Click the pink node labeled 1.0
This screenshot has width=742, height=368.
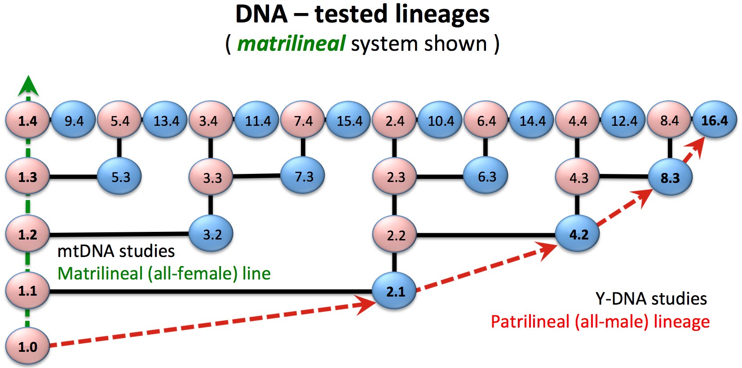coord(27,346)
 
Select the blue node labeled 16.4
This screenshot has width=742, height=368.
coord(715,120)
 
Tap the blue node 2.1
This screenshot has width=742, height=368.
coord(394,291)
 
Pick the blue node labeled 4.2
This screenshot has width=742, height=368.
coord(577,234)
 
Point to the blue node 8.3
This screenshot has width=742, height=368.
coord(670,177)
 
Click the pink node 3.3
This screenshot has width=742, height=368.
coord(211,177)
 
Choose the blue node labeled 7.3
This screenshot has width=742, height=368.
coord(302,176)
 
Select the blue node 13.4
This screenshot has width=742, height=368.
coord(165,120)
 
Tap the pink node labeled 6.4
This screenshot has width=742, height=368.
coord(486,120)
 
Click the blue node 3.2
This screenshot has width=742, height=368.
coord(211,234)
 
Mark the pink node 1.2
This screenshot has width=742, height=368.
coord(27,234)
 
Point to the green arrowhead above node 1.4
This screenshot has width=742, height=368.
coord(28,85)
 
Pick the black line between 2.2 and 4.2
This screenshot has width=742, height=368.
coord(486,235)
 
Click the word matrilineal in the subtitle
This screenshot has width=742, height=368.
coord(291,44)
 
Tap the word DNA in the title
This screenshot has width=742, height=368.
coord(261,14)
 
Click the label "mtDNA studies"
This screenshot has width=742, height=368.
coord(116,251)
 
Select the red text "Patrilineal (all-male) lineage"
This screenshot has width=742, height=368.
coord(600,322)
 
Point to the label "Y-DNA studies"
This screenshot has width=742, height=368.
coord(651,298)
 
